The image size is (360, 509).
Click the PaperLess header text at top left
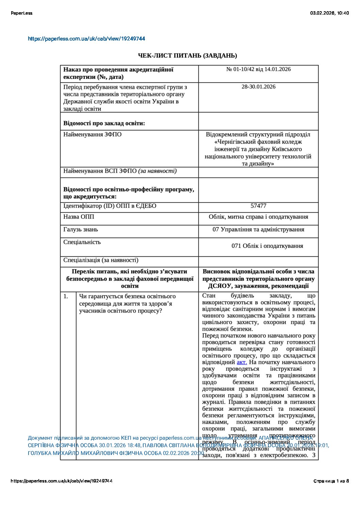[x=21, y=13]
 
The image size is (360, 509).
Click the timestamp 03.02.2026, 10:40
[x=329, y=13]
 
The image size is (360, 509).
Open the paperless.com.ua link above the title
[x=86, y=39]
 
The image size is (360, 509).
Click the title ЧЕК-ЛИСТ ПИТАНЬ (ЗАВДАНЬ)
[x=187, y=55]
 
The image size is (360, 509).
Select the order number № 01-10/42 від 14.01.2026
[x=258, y=69]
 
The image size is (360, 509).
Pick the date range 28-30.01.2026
[x=258, y=87]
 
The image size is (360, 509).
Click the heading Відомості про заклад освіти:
[x=104, y=123]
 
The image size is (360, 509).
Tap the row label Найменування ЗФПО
[x=92, y=135]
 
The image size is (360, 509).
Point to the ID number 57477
[x=258, y=206]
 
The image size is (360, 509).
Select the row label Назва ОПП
[x=79, y=217]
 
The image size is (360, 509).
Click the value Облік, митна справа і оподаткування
[x=258, y=217]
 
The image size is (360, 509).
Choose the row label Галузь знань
[x=81, y=230]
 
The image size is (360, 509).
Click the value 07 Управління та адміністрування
[x=258, y=230]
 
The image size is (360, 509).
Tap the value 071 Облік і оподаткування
[x=267, y=246]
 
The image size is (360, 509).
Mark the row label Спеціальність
[x=82, y=242]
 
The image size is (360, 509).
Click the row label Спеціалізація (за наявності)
[x=101, y=260]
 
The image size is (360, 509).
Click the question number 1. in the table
[x=66, y=296]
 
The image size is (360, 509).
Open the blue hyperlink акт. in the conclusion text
[x=242, y=362]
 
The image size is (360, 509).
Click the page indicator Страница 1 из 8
[x=331, y=481]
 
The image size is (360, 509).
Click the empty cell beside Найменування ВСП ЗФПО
[x=258, y=172]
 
